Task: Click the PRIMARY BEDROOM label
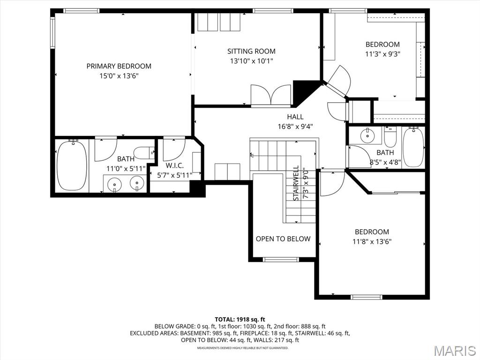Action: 119,66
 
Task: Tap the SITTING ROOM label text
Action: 251,51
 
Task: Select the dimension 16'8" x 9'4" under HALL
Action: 295,126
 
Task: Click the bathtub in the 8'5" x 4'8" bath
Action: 413,147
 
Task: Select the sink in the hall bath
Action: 367,136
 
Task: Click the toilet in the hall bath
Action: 390,137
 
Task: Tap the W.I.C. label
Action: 175,166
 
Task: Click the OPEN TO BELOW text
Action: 283,239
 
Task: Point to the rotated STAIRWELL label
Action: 296,183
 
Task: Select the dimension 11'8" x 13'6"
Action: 372,242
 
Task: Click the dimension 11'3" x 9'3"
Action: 382,54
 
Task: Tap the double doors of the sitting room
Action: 271,95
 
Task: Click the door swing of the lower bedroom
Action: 333,182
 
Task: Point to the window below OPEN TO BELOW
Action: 281,259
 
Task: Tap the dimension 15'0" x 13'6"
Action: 119,76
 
